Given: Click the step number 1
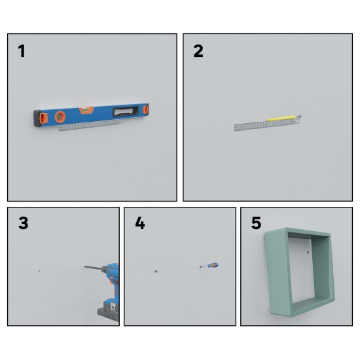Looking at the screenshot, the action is [x=22, y=51].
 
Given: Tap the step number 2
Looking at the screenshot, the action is [x=198, y=51].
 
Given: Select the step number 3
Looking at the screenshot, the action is [x=23, y=223].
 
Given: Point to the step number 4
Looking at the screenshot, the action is [x=140, y=223].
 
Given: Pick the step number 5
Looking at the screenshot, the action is [x=256, y=223].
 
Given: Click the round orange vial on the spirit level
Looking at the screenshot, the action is [x=60, y=117].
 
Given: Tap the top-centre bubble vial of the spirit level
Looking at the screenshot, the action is [x=86, y=110].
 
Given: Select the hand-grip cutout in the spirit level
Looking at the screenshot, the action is [x=126, y=111].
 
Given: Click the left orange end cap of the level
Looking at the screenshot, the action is [x=43, y=118].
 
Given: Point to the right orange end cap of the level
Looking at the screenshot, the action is [x=145, y=109].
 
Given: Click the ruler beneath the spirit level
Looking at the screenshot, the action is [x=91, y=126].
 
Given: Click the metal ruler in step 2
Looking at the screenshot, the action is [x=267, y=125].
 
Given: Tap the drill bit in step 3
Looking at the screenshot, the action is [x=92, y=268].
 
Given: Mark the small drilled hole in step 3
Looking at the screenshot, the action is [x=39, y=271].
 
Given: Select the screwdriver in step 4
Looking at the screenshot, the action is [x=209, y=266].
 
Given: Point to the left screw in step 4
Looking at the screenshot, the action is [x=156, y=272].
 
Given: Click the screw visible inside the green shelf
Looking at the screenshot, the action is [x=308, y=253].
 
